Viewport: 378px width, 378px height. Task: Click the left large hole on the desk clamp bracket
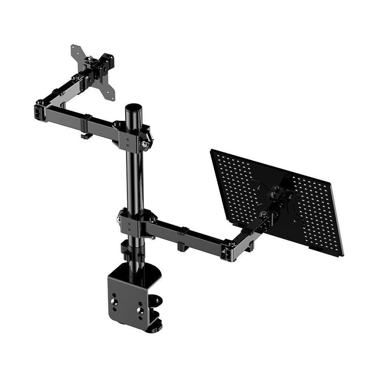114,301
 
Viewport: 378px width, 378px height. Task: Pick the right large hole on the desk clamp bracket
140,310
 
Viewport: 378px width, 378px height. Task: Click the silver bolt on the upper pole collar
144,144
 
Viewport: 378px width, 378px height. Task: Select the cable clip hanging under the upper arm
86,135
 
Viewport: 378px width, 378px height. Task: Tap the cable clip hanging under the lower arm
182,246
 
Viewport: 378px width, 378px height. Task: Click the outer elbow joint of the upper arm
40,110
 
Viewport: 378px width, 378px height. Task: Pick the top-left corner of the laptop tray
212,151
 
